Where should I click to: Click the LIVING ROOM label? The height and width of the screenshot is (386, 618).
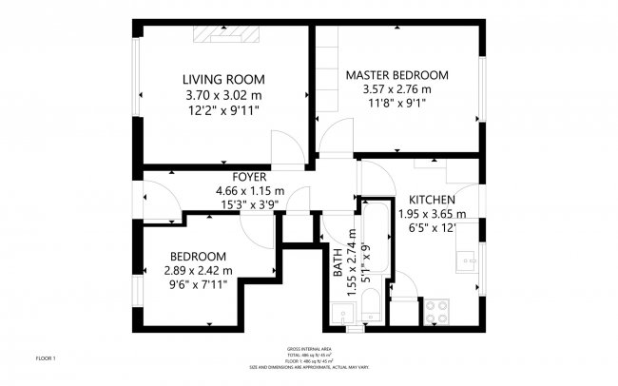(223, 79)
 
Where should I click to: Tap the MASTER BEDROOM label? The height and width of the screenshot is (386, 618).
(396, 74)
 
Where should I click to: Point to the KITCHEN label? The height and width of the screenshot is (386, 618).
(432, 200)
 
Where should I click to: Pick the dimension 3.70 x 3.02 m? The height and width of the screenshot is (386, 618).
(223, 95)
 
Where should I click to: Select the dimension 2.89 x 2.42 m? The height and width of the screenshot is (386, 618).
(198, 271)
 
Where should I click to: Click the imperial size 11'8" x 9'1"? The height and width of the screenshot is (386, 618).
(396, 105)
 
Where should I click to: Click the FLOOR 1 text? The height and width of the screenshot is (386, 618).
(47, 358)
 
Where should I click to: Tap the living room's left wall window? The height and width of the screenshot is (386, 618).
(138, 95)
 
